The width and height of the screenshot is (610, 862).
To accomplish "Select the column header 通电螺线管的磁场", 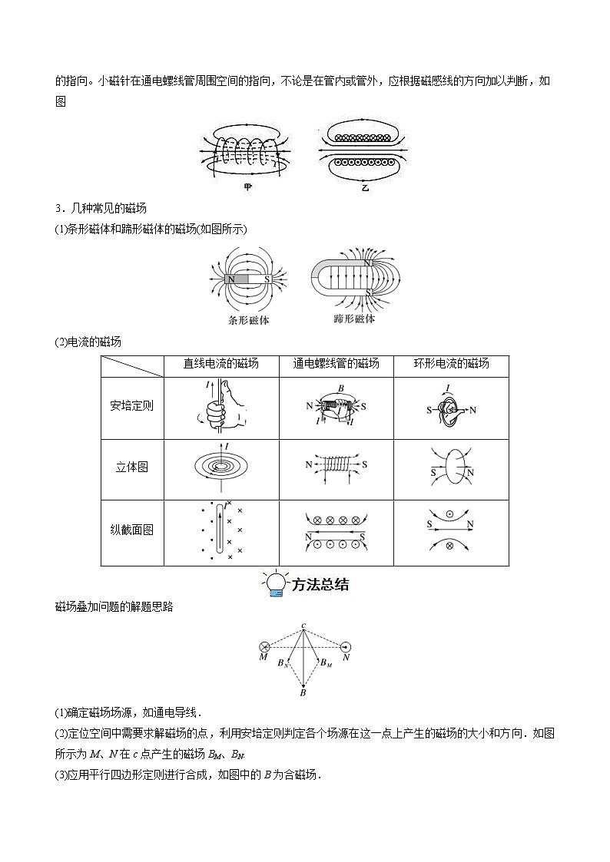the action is coord(336,364).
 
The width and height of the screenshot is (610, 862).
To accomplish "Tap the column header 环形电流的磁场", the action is coord(451,364).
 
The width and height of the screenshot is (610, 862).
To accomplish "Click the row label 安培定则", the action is coord(131,405).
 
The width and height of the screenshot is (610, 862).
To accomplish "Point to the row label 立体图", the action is coord(131,467).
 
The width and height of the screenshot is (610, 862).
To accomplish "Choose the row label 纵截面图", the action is coord(131,530).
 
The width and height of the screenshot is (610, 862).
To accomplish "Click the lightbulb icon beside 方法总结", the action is coord(274,584).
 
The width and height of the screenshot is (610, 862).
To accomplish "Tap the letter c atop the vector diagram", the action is coord(304,626).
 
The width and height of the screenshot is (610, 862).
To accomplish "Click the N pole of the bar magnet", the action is coord(231,279).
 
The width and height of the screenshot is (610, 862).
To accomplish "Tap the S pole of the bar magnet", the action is coord(267,279).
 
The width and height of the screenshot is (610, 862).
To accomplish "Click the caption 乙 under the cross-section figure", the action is coord(365,187).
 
